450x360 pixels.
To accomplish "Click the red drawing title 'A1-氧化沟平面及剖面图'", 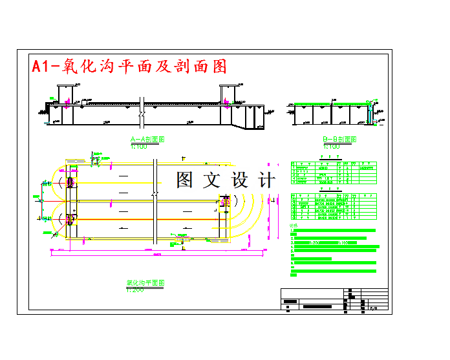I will click(x=129, y=67).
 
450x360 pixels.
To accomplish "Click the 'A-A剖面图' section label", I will click(x=147, y=139).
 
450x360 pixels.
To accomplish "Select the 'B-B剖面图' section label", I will click(x=341, y=139).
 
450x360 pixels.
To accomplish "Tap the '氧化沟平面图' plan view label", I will click(x=145, y=283).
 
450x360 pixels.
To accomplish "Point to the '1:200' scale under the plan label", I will click(x=134, y=290).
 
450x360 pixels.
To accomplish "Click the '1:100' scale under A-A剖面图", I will click(x=139, y=147).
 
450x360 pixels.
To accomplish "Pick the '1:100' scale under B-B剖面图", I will click(x=332, y=147).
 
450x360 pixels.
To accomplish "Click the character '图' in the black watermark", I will click(x=185, y=180).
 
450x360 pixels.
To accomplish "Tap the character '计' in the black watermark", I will click(x=266, y=180).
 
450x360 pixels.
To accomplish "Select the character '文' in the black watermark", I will click(x=212, y=180).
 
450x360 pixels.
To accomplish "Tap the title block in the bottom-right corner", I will click(x=334, y=300).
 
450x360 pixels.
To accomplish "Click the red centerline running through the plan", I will click(x=149, y=200).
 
